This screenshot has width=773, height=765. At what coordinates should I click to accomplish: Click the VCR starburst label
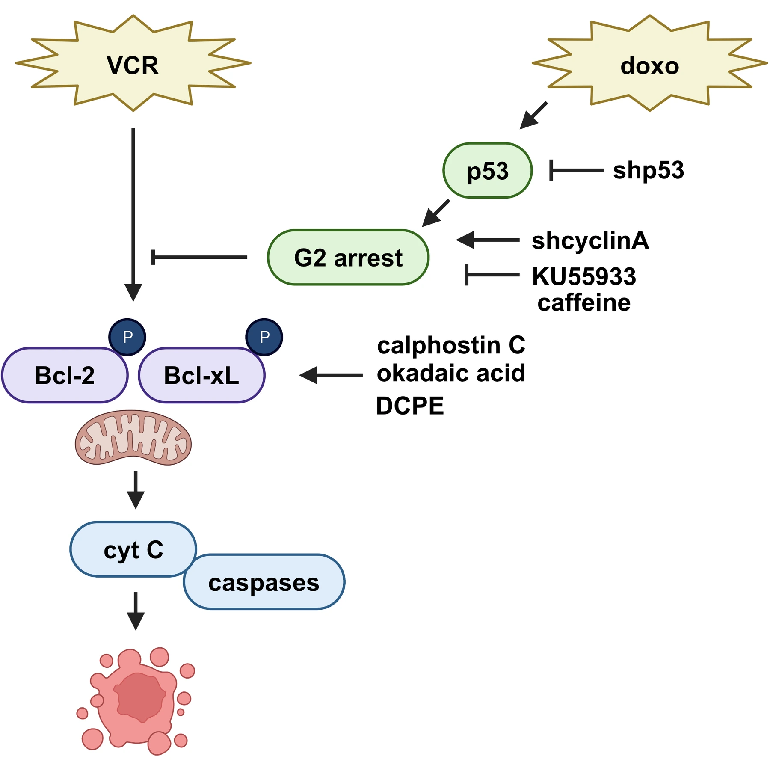pyautogui.click(x=133, y=65)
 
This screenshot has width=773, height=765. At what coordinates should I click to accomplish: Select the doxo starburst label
pyautogui.click(x=649, y=66)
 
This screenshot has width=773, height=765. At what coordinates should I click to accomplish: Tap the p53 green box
pyautogui.click(x=487, y=171)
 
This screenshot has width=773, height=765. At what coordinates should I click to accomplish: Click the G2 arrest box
pyautogui.click(x=348, y=258)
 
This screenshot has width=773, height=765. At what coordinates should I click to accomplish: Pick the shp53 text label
pyautogui.click(x=648, y=170)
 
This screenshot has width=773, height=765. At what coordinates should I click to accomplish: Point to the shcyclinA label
pyautogui.click(x=590, y=240)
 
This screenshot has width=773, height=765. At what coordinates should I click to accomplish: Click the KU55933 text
pyautogui.click(x=583, y=276)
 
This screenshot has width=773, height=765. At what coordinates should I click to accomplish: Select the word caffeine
pyautogui.click(x=583, y=303)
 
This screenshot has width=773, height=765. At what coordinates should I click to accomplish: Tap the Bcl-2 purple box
pyautogui.click(x=64, y=375)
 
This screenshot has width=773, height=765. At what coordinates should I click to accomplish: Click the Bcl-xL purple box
pyautogui.click(x=201, y=375)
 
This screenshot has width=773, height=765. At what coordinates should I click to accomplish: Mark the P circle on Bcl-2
pyautogui.click(x=127, y=337)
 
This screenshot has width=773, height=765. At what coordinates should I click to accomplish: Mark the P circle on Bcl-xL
pyautogui.click(x=264, y=337)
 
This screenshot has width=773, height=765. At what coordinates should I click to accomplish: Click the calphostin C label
pyautogui.click(x=450, y=345)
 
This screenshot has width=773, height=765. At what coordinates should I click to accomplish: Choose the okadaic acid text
pyautogui.click(x=450, y=373)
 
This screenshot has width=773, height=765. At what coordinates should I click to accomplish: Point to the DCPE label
pyautogui.click(x=409, y=406)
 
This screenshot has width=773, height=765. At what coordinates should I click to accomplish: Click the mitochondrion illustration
pyautogui.click(x=133, y=438)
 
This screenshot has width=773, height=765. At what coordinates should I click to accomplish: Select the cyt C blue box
pyautogui.click(x=133, y=549)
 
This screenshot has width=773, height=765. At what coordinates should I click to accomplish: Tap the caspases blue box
pyautogui.click(x=264, y=582)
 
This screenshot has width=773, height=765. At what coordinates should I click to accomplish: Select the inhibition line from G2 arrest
pyautogui.click(x=199, y=257)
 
